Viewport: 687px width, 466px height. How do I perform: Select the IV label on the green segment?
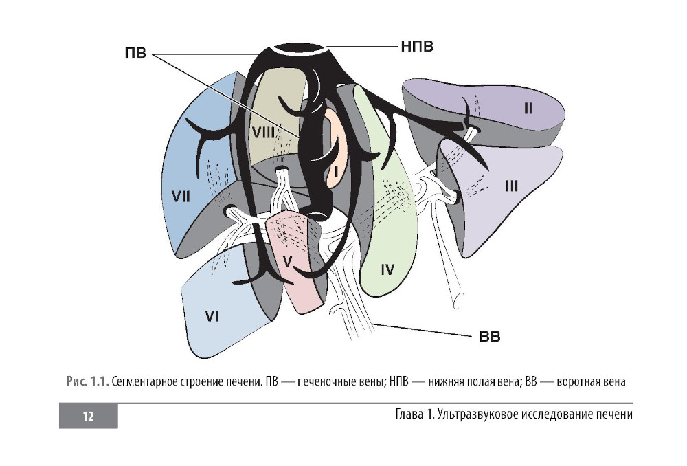pyautogui.click(x=387, y=269)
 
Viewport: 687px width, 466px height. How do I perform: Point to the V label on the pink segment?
pyautogui.click(x=289, y=260)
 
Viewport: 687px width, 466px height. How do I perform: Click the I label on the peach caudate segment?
pyautogui.click(x=337, y=168)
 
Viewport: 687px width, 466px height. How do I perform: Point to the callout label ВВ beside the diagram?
pyautogui.click(x=489, y=337)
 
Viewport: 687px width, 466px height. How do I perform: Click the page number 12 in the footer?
pyautogui.click(x=88, y=415)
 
